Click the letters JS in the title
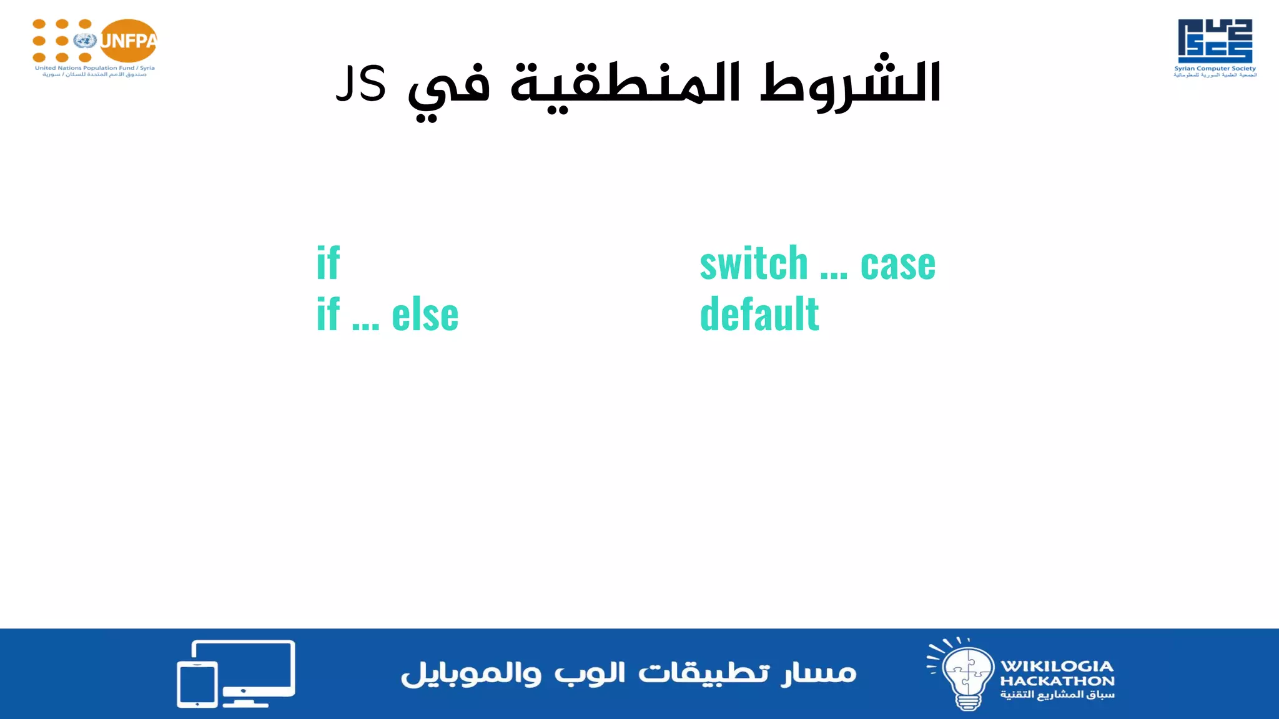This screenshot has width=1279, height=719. pos(361,84)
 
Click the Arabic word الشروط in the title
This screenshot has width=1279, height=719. pos(851,84)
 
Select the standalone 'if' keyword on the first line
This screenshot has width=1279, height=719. pos(328,263)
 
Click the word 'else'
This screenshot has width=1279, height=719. pos(425,315)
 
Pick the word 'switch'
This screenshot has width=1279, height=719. pos(754,263)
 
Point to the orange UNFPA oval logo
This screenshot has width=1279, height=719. pos(129,41)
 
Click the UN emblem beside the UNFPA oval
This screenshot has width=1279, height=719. pos(84,41)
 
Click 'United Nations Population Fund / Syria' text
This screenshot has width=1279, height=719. pos(94,68)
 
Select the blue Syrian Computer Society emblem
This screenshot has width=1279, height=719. pos(1215,41)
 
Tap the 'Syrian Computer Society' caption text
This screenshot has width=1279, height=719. pos(1215,69)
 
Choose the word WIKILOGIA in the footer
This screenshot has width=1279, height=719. pos(1057,666)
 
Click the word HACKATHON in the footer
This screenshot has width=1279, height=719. pos(1057,681)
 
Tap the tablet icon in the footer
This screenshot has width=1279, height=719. pos(197,684)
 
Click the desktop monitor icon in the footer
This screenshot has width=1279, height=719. pos(250,668)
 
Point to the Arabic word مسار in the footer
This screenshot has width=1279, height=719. pos(819,673)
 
